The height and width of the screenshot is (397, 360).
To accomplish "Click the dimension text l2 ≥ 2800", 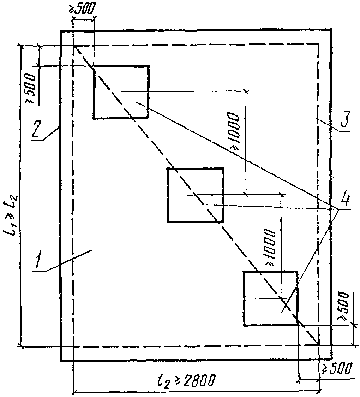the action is [x=186, y=380].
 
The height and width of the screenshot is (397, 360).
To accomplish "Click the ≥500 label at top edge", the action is [x=82, y=9].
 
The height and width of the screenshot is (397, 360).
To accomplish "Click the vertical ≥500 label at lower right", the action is [x=343, y=306].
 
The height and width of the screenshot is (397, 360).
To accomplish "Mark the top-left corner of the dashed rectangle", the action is [x=73, y=46].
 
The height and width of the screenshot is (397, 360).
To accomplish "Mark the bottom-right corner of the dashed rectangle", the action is [x=318, y=345].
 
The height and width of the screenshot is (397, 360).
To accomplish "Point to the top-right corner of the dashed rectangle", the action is [x=318, y=45].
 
